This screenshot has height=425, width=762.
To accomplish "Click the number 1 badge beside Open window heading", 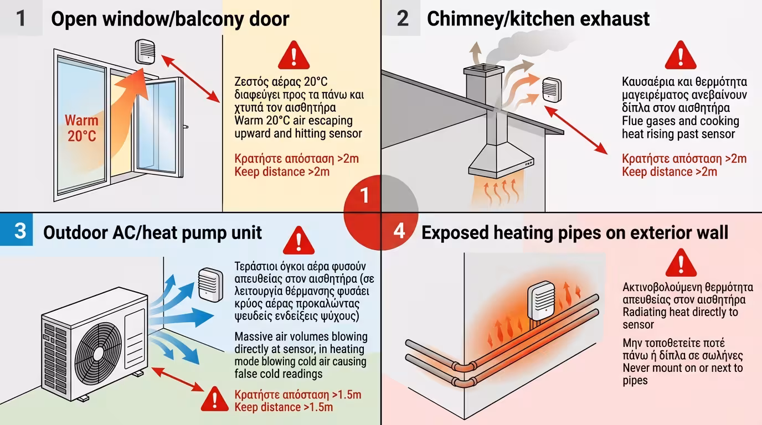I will [21, 18].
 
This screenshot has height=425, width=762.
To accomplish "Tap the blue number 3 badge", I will [20, 230].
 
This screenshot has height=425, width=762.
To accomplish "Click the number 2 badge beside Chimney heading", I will [403, 18].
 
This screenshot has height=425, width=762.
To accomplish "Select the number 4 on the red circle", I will [399, 231].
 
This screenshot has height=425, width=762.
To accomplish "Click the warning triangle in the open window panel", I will [293, 55].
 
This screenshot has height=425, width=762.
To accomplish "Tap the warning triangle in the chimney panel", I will [680, 55].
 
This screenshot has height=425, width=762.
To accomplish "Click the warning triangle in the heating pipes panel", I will [681, 262].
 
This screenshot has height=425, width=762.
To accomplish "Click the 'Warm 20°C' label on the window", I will [81, 128].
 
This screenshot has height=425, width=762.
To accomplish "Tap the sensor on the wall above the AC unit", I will [210, 284].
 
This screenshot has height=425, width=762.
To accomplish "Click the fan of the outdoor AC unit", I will [98, 351].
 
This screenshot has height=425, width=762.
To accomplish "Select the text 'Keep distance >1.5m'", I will [284, 407].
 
